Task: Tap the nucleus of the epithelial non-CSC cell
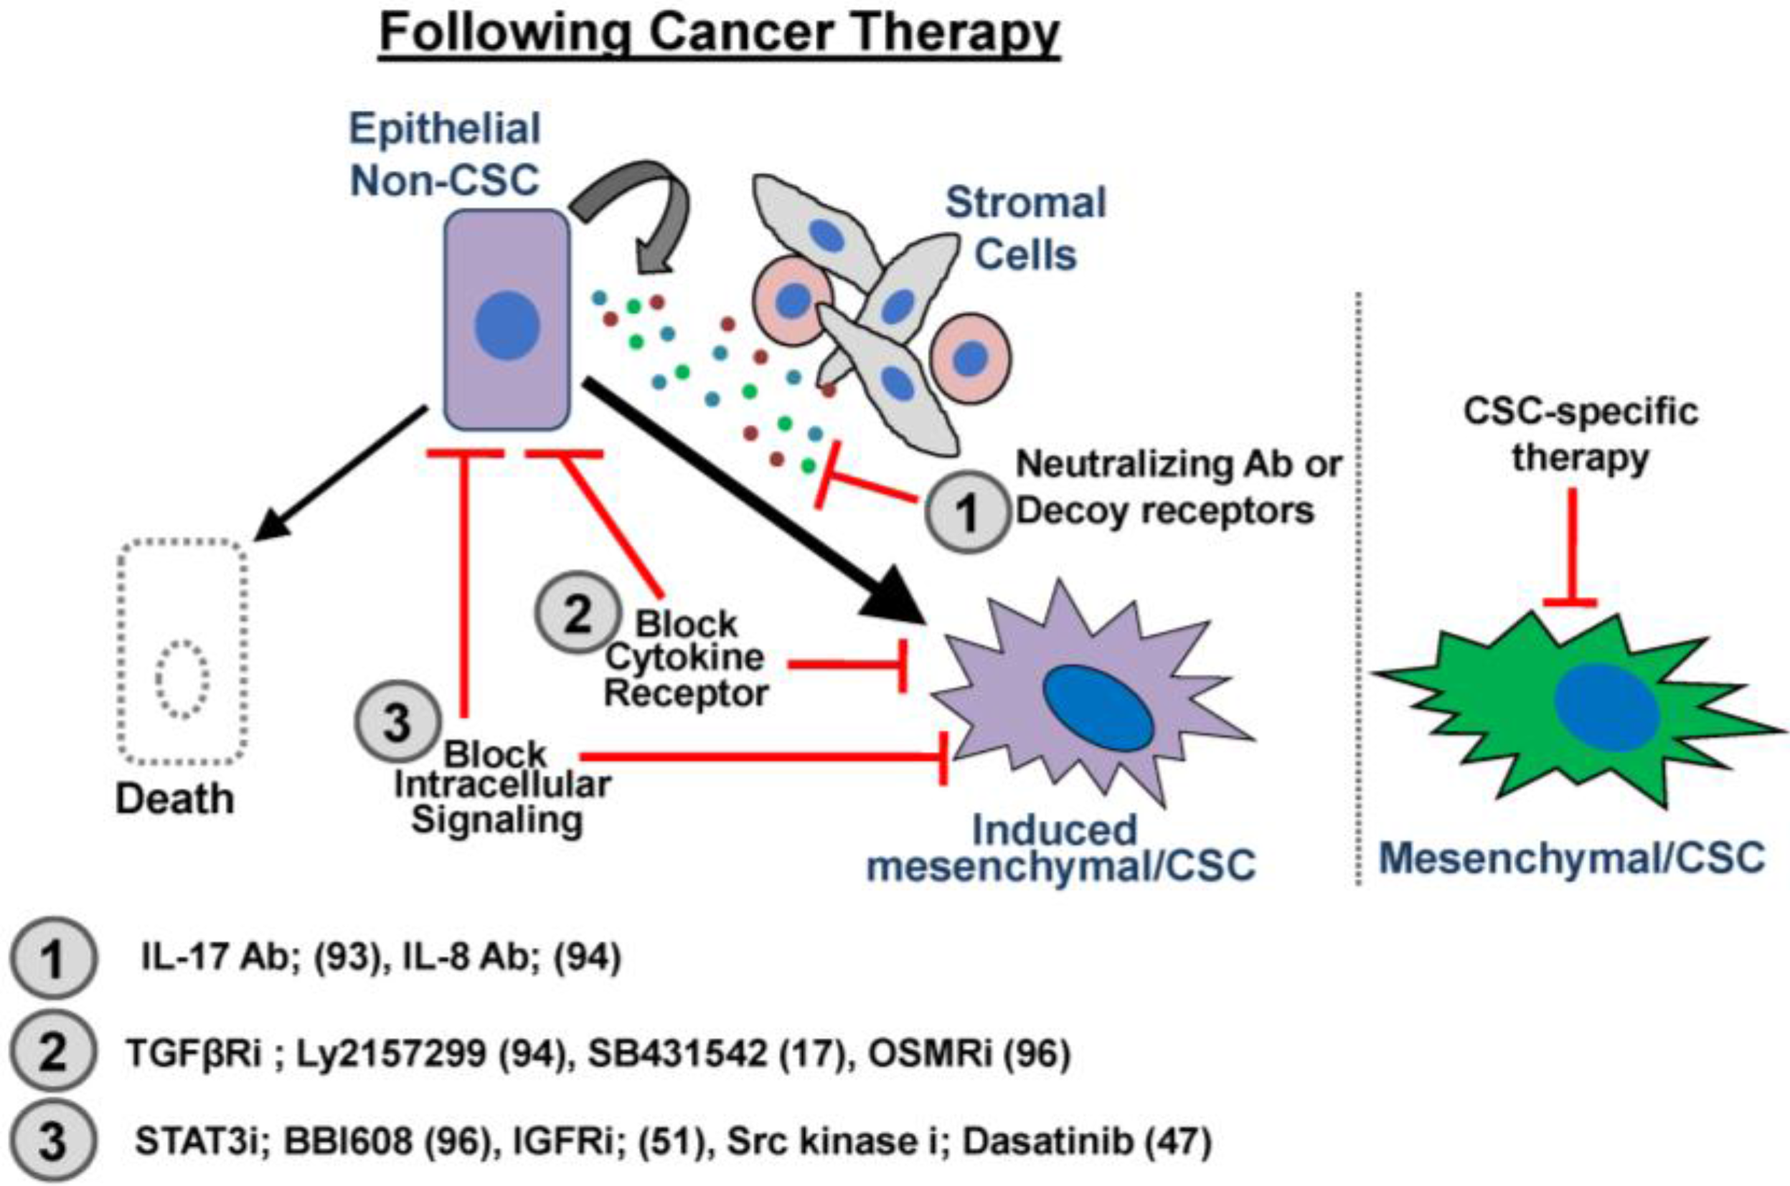[507, 327]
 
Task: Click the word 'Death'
[175, 799]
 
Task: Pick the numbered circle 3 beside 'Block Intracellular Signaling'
[397, 721]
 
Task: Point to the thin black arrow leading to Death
[341, 473]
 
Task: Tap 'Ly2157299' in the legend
[390, 1053]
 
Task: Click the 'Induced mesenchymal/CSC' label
[1060, 848]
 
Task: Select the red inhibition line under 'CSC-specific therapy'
[1571, 544]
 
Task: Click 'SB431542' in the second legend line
[678, 1053]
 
